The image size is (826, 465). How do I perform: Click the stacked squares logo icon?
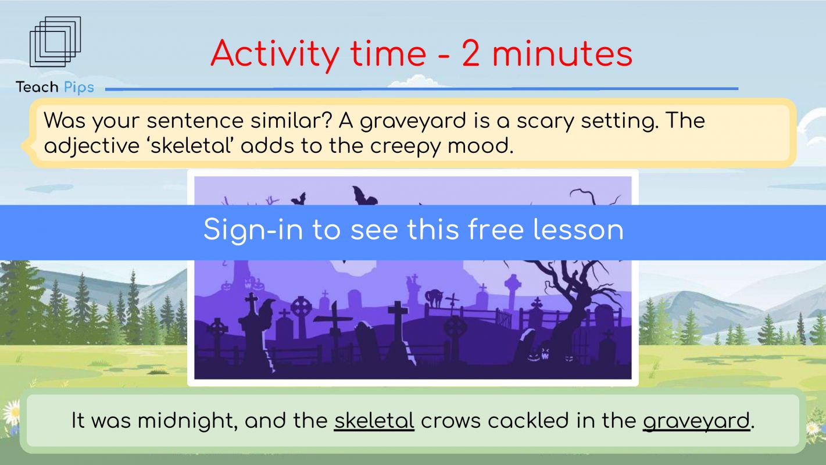[x=55, y=42]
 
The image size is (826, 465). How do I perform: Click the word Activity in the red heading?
[x=275, y=54]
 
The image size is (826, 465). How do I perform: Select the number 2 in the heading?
[x=470, y=53]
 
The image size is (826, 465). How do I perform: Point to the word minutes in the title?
[x=563, y=54]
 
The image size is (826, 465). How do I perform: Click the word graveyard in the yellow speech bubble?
[x=413, y=121]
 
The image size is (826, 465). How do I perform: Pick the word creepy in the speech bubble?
[x=405, y=146]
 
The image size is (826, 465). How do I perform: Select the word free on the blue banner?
[x=496, y=230]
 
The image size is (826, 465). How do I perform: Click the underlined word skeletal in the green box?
[x=374, y=420]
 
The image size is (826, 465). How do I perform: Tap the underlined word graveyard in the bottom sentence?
[x=696, y=421]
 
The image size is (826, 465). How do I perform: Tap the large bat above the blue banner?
[x=364, y=196]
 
